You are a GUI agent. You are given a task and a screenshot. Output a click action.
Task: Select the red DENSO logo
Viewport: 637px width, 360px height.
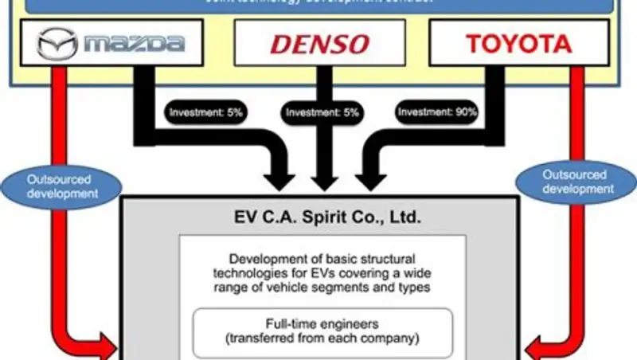319,44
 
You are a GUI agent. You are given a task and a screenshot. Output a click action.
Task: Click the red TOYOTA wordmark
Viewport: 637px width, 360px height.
518,43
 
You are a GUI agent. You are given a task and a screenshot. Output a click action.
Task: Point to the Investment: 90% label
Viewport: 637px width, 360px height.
438,112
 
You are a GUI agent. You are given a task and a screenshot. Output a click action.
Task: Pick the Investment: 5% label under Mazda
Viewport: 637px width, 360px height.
205,112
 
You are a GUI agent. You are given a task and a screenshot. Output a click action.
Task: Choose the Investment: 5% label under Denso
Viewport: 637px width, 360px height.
320,112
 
